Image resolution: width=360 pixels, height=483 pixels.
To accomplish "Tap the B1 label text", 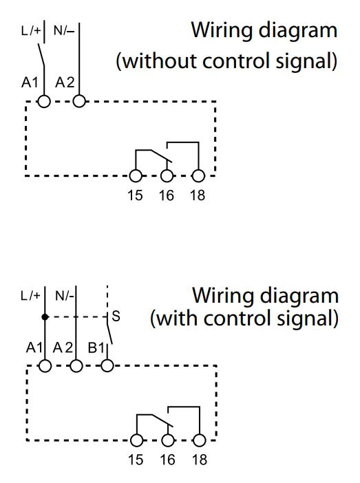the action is point(96,347).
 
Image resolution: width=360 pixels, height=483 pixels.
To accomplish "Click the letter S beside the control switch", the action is point(116,316).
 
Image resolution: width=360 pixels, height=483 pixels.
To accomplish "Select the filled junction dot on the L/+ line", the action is point(45,316).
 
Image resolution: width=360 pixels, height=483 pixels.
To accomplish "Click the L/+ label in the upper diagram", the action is point(31,30).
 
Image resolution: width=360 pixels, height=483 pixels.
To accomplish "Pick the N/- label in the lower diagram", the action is point(65,296).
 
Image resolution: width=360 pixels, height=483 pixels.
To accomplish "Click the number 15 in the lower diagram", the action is point(136,460).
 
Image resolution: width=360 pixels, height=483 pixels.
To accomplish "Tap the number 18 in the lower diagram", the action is point(200,460).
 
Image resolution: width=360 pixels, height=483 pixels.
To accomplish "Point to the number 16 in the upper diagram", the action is point(167,195).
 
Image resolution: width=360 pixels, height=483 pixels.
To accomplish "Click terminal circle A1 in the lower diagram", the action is point(45,366).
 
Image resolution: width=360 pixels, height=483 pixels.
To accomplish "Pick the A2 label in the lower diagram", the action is point(63,347).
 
